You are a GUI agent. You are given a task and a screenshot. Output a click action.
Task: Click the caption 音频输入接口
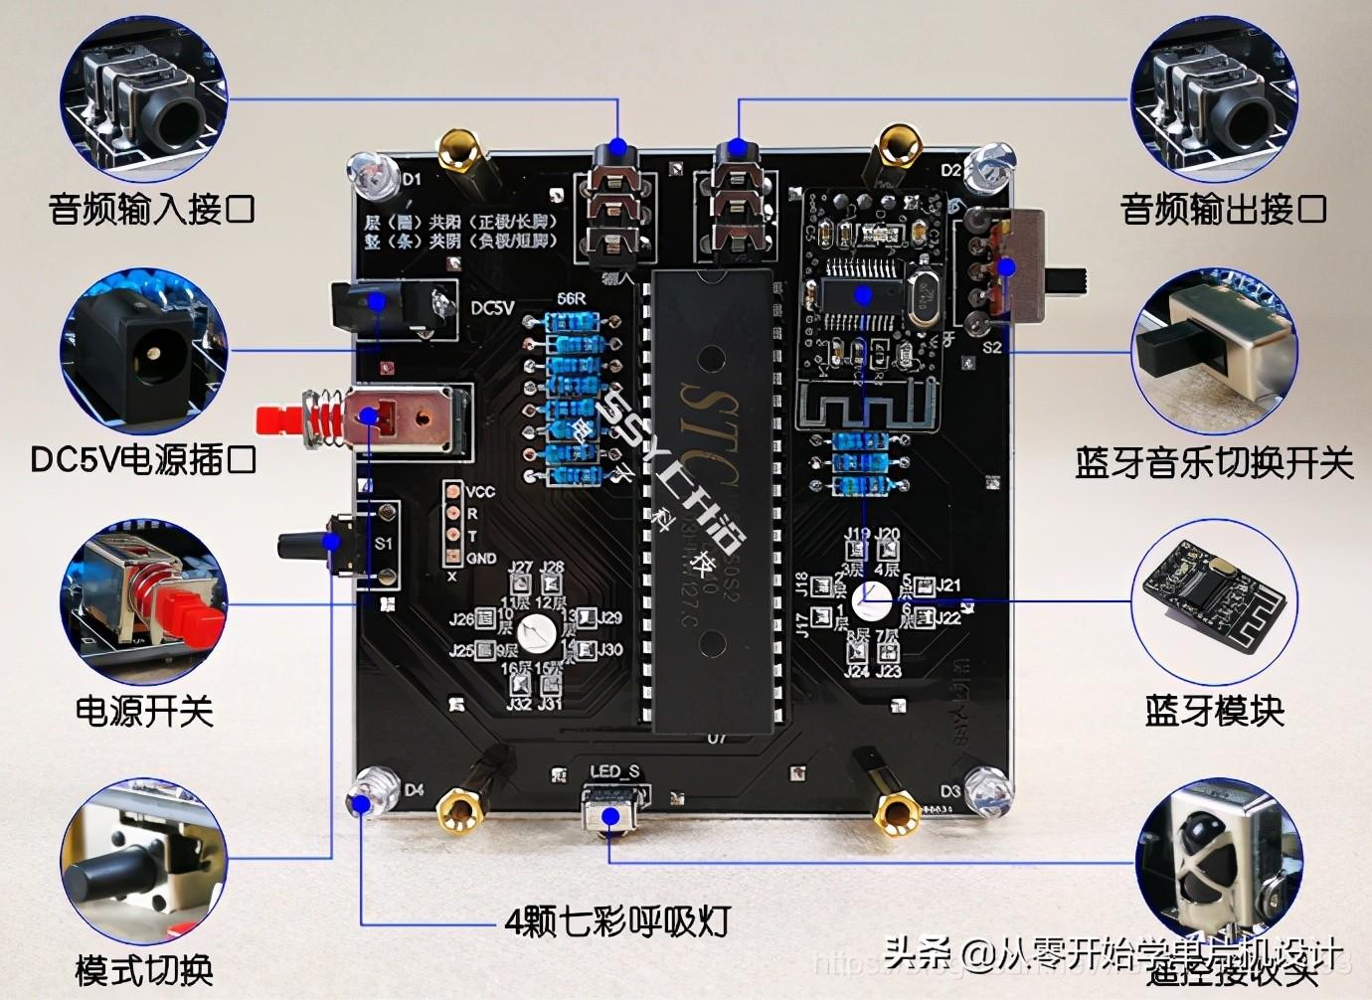click(x=151, y=210)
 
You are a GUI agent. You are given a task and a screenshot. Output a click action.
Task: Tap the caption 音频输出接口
click(x=1222, y=210)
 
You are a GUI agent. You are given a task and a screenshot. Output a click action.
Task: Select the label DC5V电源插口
click(x=143, y=459)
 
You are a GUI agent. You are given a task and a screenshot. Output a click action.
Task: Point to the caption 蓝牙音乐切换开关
click(x=1214, y=462)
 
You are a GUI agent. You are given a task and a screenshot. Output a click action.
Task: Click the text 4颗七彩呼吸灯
click(x=616, y=921)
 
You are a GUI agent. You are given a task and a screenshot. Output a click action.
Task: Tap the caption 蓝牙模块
click(x=1214, y=711)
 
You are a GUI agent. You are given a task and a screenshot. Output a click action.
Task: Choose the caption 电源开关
click(x=144, y=711)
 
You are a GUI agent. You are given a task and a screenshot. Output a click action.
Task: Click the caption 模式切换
click(x=143, y=969)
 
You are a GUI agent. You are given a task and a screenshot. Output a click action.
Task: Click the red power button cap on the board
click(x=277, y=419)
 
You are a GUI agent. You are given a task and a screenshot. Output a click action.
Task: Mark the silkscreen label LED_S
click(x=614, y=771)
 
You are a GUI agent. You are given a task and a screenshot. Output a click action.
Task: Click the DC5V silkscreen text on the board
click(x=492, y=308)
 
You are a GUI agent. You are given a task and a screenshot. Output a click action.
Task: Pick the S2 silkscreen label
click(x=992, y=347)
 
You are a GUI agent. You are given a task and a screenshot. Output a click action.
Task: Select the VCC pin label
click(x=480, y=492)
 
